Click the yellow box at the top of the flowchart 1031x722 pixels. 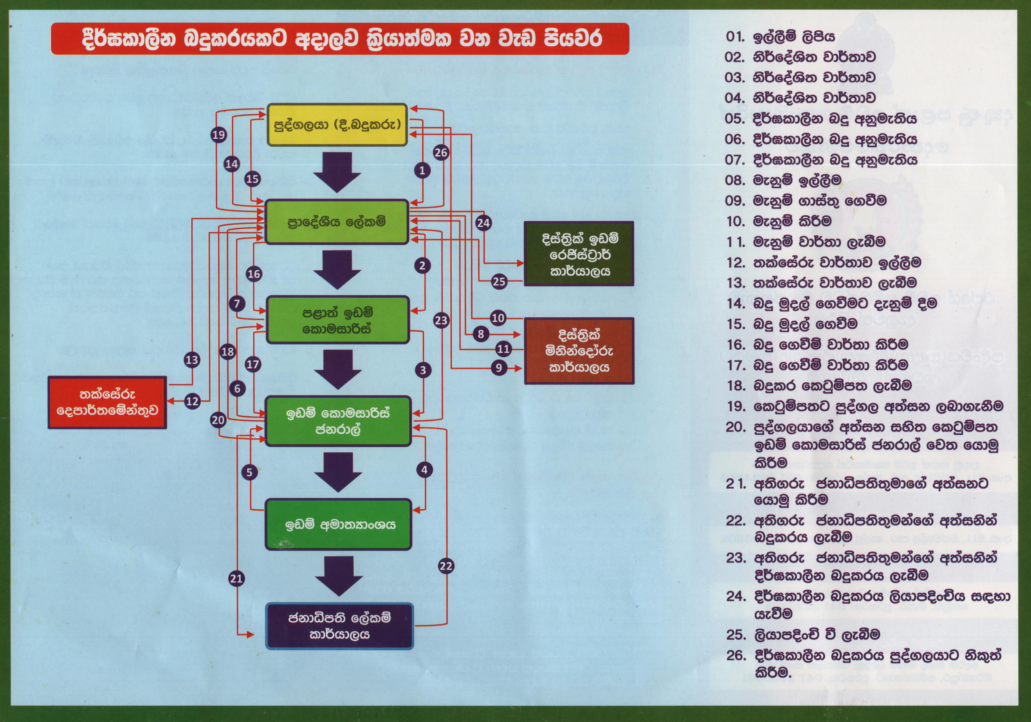337,125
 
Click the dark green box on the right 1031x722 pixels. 579,254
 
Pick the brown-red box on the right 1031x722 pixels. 579,351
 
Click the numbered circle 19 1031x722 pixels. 219,135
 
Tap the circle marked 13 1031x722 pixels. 192,360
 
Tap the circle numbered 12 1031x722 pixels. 192,401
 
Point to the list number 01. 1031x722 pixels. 735,36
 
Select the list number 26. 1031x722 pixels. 736,655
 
